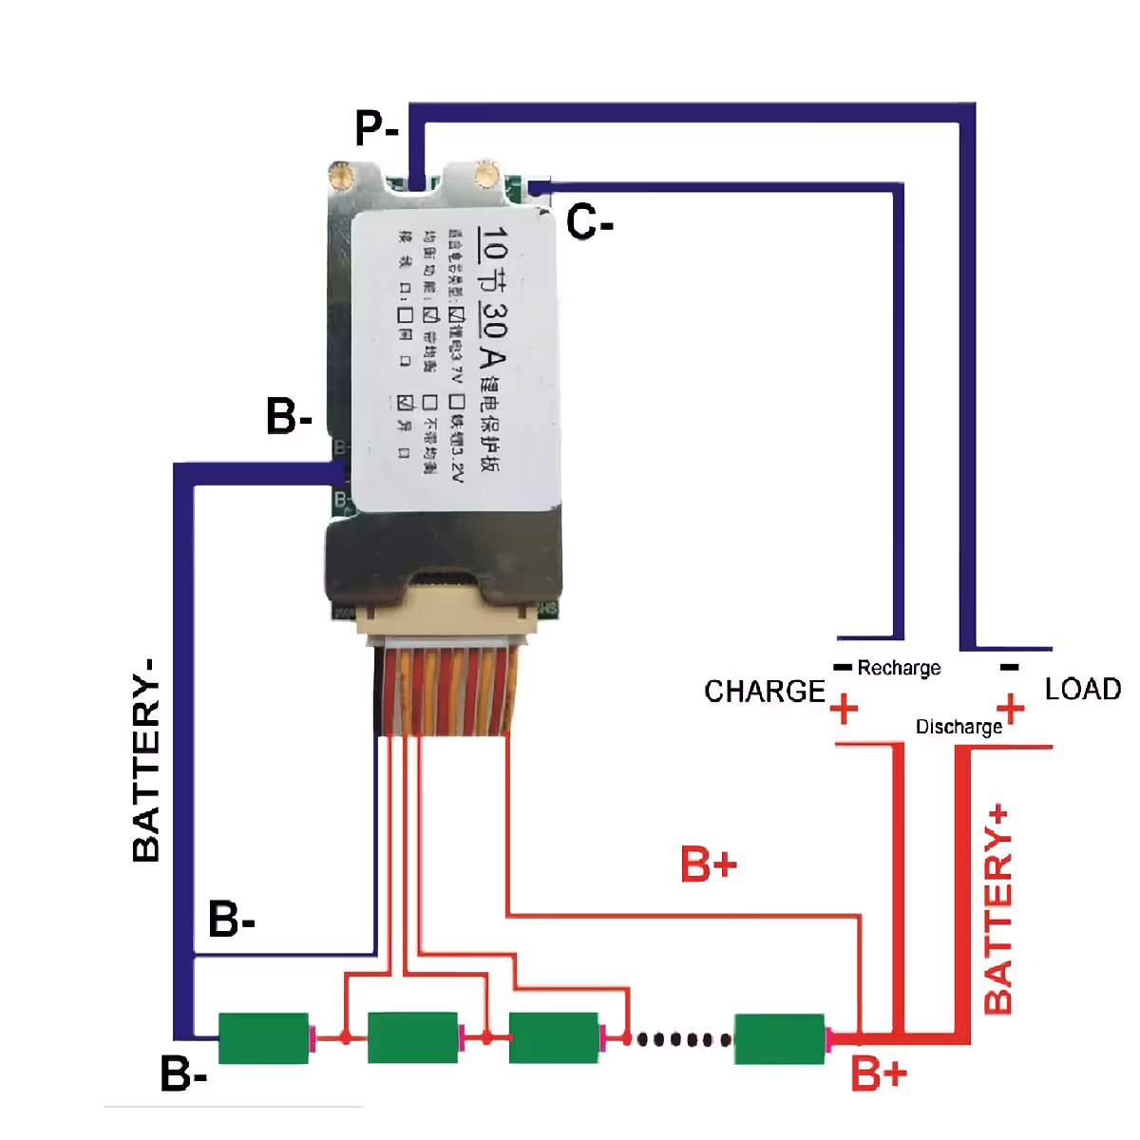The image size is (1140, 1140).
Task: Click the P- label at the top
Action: tap(376, 128)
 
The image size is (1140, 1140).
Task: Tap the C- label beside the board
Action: tap(590, 223)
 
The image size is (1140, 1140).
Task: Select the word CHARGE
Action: tap(764, 691)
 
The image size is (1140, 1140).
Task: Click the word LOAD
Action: tap(1082, 689)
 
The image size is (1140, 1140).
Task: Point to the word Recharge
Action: tap(899, 668)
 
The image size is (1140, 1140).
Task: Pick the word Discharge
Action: tap(959, 727)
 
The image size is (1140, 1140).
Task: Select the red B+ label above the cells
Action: tap(709, 864)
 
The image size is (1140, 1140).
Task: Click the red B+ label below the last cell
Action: tap(879, 1074)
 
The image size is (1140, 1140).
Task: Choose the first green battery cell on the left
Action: tap(264, 1038)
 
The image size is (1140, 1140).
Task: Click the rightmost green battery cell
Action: tap(779, 1038)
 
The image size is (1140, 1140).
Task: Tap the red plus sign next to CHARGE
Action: tap(844, 710)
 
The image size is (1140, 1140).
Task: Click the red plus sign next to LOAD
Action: tap(1012, 709)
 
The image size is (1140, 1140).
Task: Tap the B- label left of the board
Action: tap(289, 417)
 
